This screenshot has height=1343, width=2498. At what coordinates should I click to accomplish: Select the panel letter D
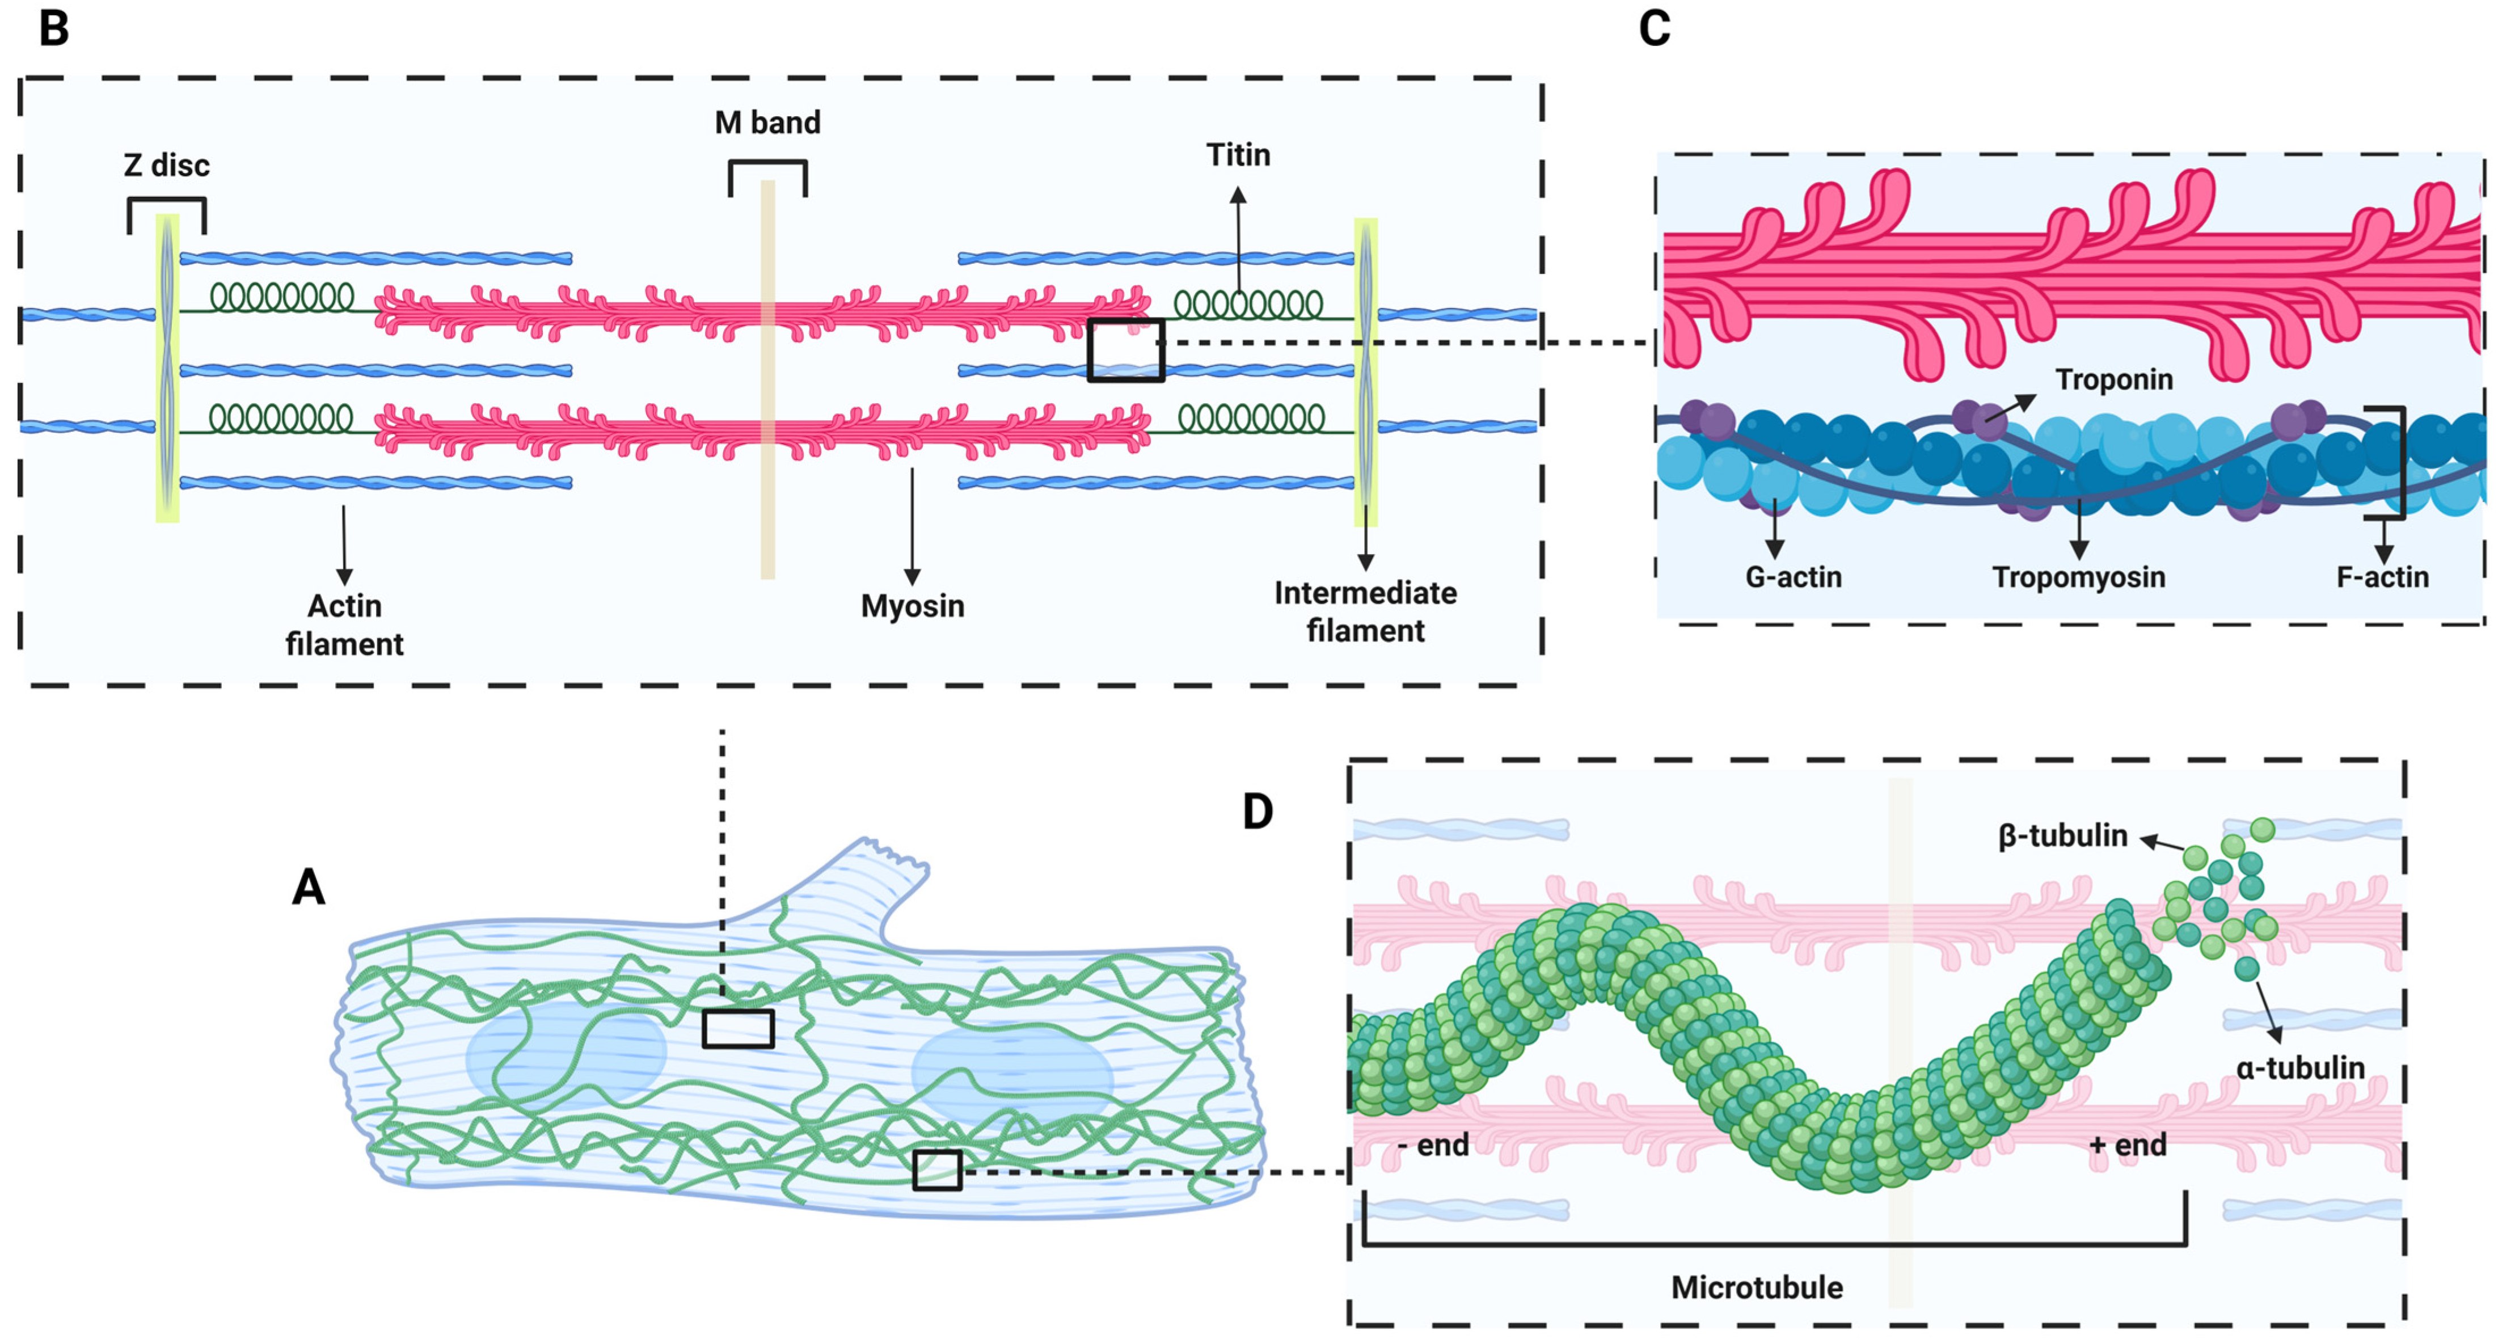point(1258,810)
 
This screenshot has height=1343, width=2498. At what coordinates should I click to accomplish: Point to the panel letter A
point(309,886)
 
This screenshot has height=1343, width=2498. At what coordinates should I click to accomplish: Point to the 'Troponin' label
point(2114,379)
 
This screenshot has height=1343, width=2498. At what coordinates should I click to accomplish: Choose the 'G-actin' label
point(1793,577)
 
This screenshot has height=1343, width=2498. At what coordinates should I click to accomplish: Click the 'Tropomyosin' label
point(2078,577)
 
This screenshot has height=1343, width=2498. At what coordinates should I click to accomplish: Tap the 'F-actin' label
point(2382,577)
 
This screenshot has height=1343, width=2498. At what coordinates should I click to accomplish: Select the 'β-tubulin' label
point(2062,835)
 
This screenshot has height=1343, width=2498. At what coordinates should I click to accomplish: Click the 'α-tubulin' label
point(2300,1067)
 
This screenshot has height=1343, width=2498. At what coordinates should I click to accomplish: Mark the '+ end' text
point(2128,1145)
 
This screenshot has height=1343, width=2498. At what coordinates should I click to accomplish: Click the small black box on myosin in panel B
point(1125,349)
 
